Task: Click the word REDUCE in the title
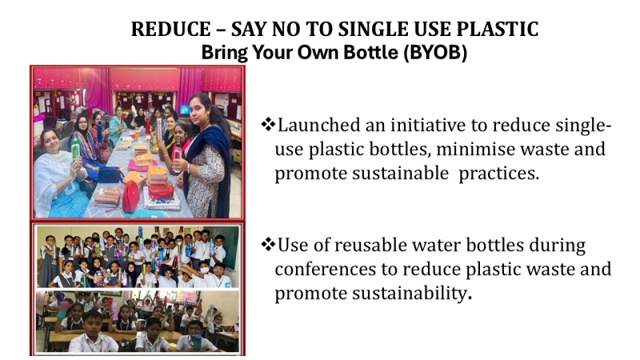tap(170, 30)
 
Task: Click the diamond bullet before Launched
tap(268, 125)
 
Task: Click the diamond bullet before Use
tap(268, 245)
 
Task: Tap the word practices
tap(498, 174)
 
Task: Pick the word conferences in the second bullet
tap(326, 269)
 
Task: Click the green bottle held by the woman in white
tap(75, 147)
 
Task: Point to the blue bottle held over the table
tap(99, 130)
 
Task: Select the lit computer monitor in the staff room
tap(185, 110)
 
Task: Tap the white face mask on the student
tap(205, 270)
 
